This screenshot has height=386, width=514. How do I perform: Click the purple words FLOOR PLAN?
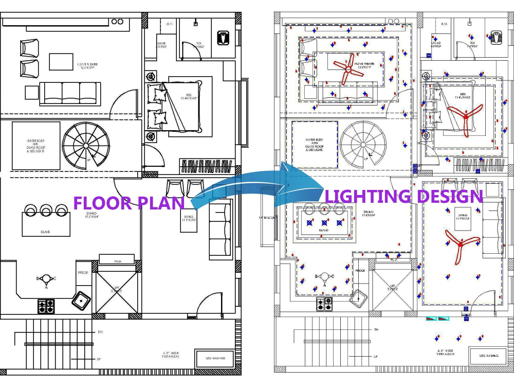pyautogui.click(x=129, y=203)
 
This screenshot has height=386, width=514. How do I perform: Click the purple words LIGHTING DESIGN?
pyautogui.click(x=404, y=196)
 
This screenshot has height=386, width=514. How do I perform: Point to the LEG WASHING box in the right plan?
pyautogui.click(x=489, y=356)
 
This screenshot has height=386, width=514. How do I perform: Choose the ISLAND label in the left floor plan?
pyautogui.click(x=45, y=232)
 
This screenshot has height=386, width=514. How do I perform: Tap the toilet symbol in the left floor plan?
pyautogui.click(x=223, y=38)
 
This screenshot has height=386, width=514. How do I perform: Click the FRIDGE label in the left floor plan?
pyautogui.click(x=83, y=272)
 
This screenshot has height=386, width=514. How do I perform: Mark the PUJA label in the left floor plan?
pyautogui.click(x=117, y=260)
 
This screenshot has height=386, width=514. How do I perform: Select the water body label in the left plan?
pyautogui.click(x=36, y=146)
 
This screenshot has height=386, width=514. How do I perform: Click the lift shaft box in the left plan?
pyautogui.click(x=117, y=291)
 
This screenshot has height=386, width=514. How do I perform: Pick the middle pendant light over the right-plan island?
pyautogui.click(x=324, y=223)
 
